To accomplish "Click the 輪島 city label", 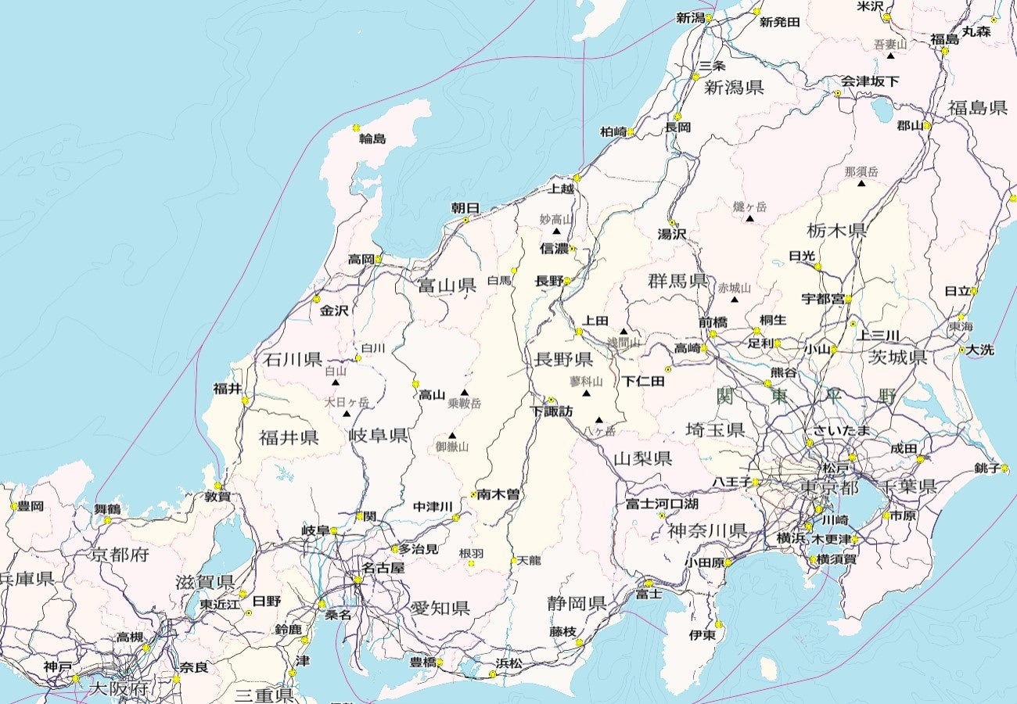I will [x=372, y=139].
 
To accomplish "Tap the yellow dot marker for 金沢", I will [x=317, y=299].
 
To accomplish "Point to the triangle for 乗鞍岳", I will [x=464, y=393].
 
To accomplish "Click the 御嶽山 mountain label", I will [x=452, y=447].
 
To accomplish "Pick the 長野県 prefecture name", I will [x=563, y=360].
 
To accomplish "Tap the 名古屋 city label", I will [x=383, y=568].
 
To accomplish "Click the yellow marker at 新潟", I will [x=709, y=17].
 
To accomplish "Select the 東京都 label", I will [x=829, y=487].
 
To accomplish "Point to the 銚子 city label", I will [x=987, y=469].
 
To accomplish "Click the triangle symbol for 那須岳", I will [x=861, y=184].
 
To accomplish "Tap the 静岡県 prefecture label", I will [x=577, y=603].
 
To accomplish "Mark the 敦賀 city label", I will [x=217, y=496].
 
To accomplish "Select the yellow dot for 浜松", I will [x=493, y=673].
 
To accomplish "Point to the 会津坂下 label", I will [x=870, y=81].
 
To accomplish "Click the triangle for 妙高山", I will [x=556, y=232].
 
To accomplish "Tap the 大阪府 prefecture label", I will [x=118, y=688].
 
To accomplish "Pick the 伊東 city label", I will [x=702, y=635].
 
